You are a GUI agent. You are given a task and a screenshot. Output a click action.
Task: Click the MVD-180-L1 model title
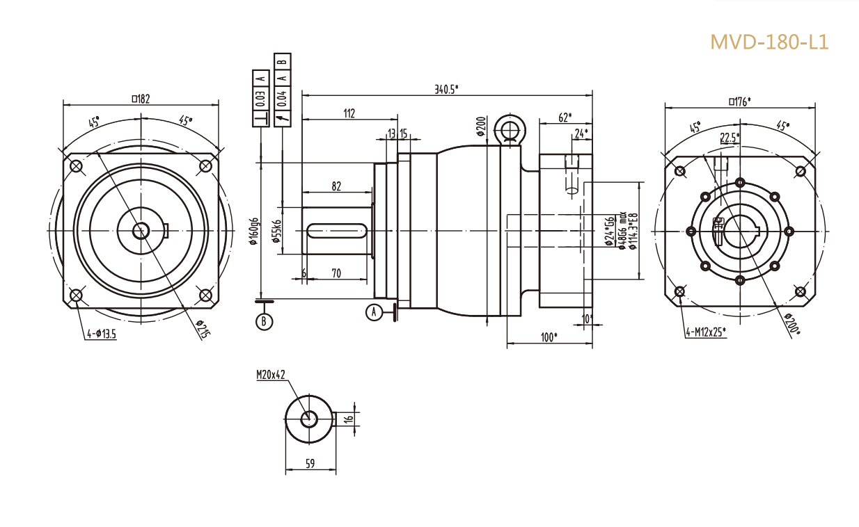769,42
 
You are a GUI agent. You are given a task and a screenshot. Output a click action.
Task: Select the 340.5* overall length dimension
446,89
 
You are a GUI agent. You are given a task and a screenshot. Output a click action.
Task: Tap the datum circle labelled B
264,321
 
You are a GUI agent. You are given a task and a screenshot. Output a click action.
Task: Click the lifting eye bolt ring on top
508,129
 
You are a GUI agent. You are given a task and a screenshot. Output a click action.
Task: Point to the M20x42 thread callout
271,375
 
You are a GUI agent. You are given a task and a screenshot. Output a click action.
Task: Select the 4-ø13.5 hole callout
101,334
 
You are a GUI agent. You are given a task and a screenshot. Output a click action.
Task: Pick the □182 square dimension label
141,99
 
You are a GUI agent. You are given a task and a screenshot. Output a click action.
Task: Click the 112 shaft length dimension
349,113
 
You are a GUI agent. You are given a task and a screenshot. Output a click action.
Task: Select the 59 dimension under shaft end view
310,464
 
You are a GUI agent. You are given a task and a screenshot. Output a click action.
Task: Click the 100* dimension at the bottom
549,337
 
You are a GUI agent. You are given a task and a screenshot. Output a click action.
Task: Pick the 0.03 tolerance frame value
260,98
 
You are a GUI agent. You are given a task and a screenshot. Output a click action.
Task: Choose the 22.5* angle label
730,137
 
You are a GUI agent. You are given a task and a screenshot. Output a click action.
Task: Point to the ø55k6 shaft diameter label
276,230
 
